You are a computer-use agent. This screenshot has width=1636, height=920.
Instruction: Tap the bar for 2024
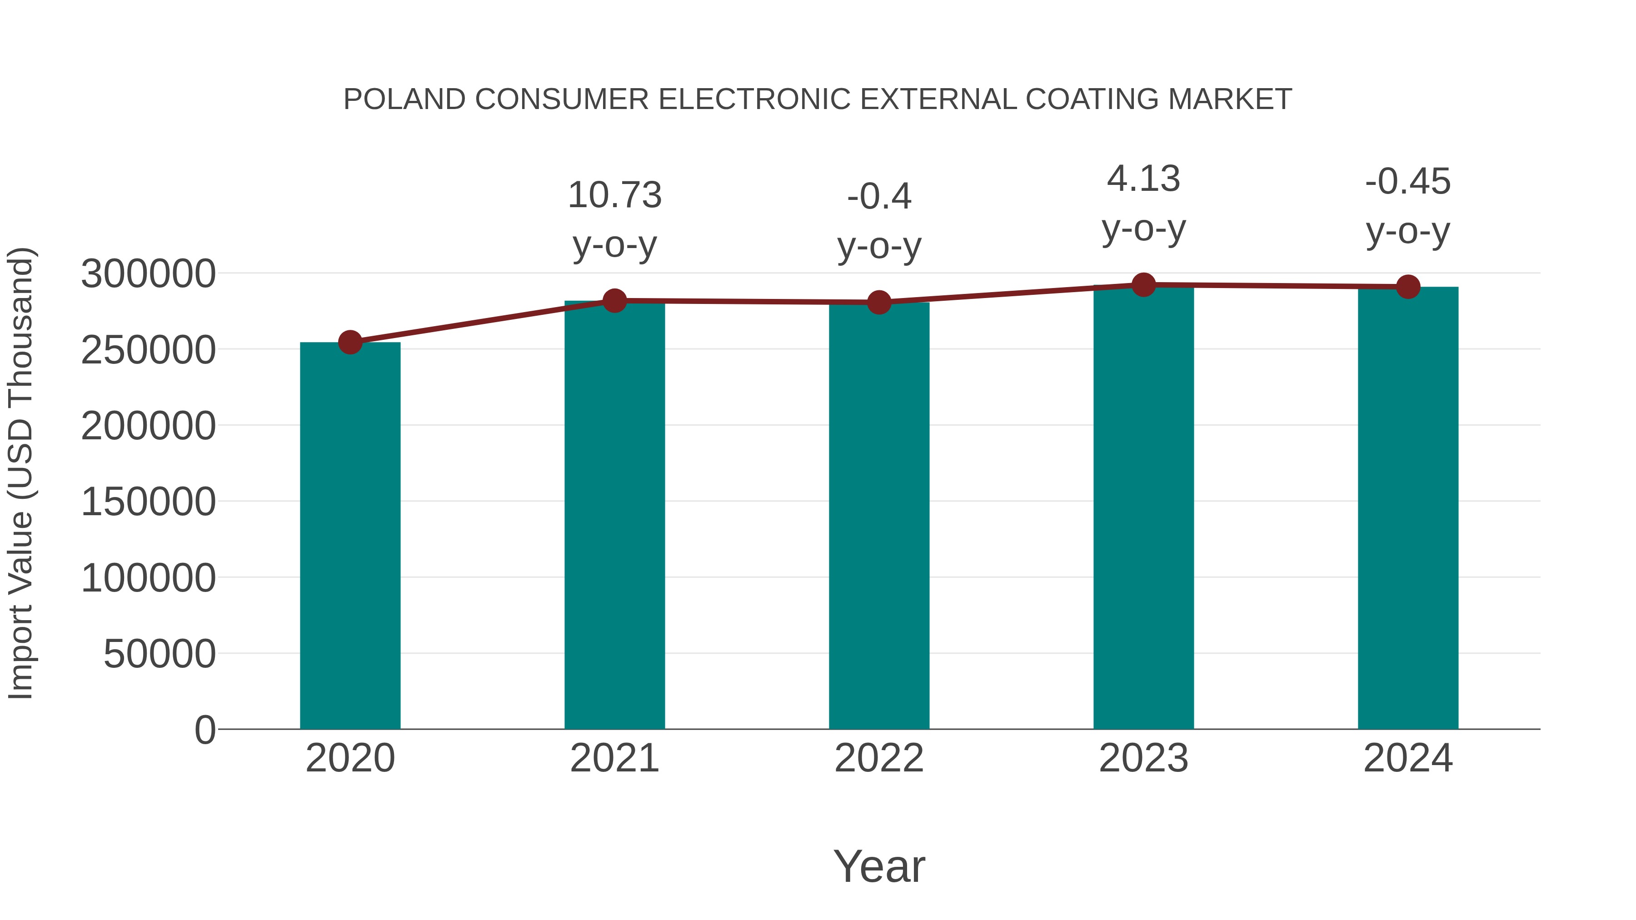(x=1408, y=508)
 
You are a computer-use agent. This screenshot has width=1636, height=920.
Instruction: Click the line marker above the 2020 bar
(x=350, y=342)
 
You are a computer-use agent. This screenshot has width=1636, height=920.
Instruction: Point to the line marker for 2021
(x=614, y=300)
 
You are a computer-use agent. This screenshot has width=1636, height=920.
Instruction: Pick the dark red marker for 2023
(x=1143, y=285)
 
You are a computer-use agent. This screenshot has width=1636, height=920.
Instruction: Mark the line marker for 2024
(x=1408, y=287)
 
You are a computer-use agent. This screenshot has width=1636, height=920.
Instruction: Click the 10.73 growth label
(x=614, y=195)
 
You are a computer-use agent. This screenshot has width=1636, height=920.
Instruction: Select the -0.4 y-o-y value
(x=879, y=196)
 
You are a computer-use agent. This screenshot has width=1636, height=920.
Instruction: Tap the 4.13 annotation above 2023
(x=1143, y=179)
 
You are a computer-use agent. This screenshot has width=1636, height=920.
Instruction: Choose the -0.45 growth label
(x=1408, y=182)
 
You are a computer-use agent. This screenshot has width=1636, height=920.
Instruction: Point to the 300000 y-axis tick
(x=148, y=274)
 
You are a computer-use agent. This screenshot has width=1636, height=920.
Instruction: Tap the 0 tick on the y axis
(x=204, y=730)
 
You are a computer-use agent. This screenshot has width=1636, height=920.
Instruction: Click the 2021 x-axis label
(x=614, y=758)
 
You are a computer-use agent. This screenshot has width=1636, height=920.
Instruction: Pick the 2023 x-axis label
(x=1143, y=758)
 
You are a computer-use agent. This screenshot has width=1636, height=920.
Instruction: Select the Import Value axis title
(x=20, y=473)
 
